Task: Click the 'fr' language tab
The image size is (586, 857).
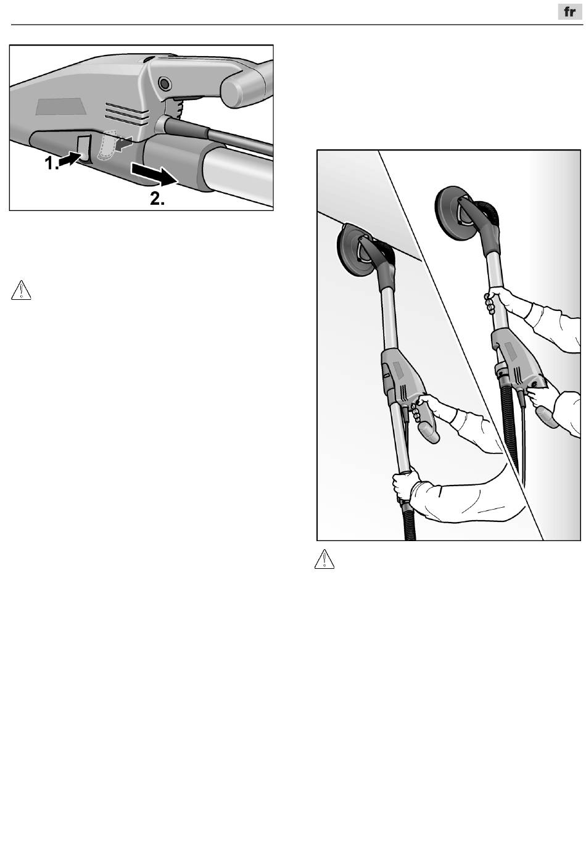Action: tap(569, 12)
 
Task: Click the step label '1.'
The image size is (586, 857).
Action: tap(52, 164)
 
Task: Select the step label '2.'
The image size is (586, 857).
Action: tap(157, 199)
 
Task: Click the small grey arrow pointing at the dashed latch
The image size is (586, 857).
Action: tap(124, 144)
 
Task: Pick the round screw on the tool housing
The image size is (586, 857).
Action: tap(165, 82)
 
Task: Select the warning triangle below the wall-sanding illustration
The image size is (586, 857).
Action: tap(324, 559)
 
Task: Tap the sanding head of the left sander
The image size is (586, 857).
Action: tap(356, 249)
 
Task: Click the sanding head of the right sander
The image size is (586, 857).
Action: tap(457, 210)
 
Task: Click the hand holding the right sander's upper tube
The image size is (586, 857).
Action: tap(497, 299)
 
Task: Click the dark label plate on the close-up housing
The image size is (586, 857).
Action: tap(60, 106)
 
